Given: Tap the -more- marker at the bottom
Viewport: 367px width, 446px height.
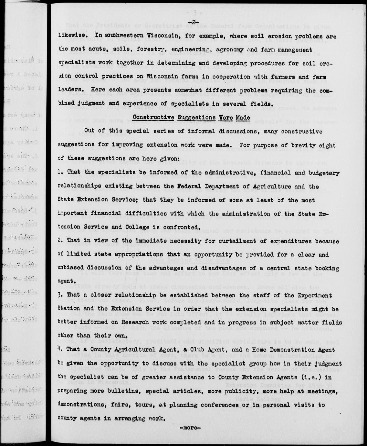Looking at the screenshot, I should coord(190,429).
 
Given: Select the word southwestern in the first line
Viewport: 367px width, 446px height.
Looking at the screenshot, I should coord(119,36).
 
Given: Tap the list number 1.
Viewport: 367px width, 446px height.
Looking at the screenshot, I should coord(60,173).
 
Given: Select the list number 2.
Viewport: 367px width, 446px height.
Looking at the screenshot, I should coord(60,241).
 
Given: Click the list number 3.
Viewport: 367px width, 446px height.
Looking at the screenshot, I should coord(60,295).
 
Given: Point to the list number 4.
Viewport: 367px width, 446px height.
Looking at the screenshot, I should coord(60,349).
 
